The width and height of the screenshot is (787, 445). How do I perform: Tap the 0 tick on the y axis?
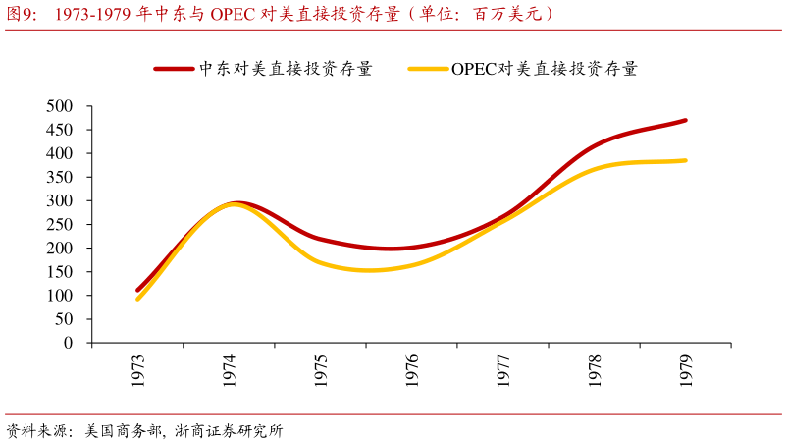(x=68, y=343)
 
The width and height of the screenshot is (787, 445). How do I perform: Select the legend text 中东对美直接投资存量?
(x=286, y=69)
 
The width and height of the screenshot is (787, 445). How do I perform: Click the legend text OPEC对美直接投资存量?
(x=545, y=69)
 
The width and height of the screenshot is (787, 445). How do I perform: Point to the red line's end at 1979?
(x=685, y=120)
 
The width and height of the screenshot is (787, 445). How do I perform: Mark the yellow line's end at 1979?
(x=685, y=160)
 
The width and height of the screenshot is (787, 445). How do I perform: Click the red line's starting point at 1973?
(x=137, y=290)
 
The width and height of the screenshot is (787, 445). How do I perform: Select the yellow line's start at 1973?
(x=137, y=299)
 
